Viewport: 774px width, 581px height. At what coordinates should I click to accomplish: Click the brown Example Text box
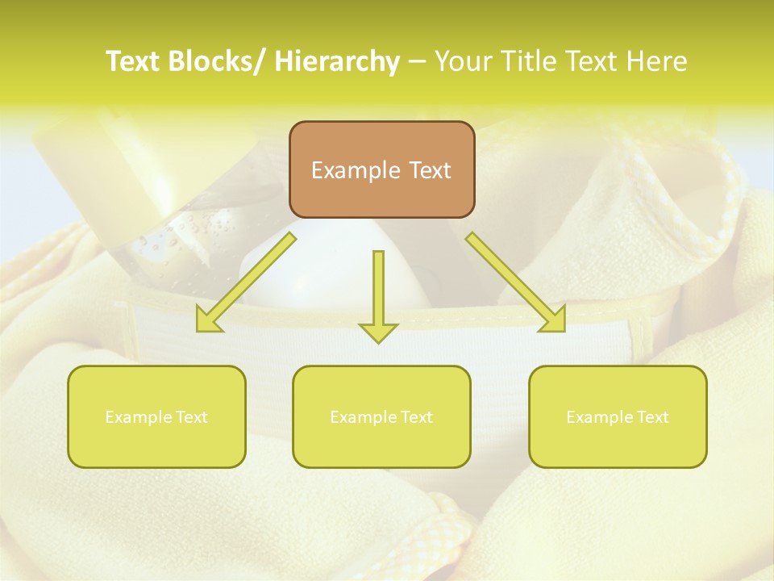[x=381, y=169]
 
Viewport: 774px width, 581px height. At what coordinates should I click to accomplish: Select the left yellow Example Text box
[x=156, y=416]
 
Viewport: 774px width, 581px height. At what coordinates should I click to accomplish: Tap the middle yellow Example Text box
[x=381, y=416]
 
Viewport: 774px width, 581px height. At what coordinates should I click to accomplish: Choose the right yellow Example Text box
[x=618, y=416]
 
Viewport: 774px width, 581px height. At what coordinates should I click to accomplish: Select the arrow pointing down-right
[x=516, y=282]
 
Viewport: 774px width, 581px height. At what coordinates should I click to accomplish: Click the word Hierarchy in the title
[x=337, y=61]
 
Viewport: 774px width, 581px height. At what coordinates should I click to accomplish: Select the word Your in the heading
[x=464, y=61]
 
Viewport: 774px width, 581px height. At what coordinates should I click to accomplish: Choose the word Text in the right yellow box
[x=651, y=417]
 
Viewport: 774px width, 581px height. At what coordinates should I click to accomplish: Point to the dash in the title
[x=418, y=61]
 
